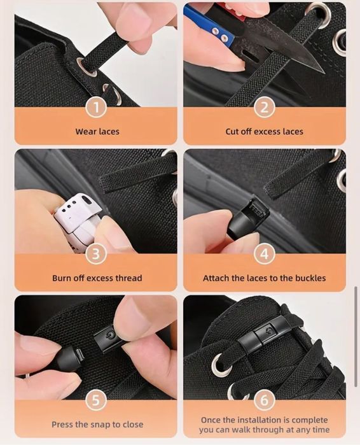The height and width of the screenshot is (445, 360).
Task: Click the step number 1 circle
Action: point(96,108)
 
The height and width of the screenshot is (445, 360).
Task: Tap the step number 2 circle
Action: point(264,108)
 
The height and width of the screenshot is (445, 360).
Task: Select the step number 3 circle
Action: point(96,254)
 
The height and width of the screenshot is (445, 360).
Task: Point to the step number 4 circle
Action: point(264,254)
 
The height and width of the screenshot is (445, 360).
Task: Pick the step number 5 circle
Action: point(96,400)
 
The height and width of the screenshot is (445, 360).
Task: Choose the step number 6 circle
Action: point(264,400)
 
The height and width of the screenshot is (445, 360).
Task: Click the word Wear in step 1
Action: point(85,132)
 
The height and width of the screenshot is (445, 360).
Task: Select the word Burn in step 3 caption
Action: point(61,278)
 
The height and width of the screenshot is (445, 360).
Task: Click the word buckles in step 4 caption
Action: point(310,278)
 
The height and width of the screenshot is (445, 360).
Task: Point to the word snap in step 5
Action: point(100,425)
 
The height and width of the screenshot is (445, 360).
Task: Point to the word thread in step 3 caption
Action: point(128,278)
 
